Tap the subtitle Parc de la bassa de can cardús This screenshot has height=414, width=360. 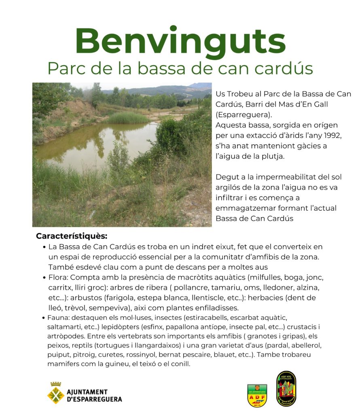tap(180, 68)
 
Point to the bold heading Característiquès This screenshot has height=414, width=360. tap(71, 236)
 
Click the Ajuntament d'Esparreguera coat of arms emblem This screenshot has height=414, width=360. tap(55, 393)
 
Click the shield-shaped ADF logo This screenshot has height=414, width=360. tap(257, 395)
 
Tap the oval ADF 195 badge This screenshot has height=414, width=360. tap(286, 389)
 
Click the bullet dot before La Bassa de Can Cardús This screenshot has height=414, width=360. tap(44, 247)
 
